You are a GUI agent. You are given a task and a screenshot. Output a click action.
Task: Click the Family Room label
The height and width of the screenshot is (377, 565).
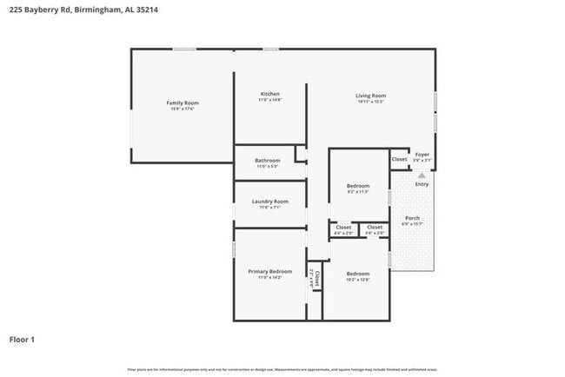tap(183, 103)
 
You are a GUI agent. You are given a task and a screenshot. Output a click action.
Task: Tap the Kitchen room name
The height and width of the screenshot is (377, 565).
tap(269, 94)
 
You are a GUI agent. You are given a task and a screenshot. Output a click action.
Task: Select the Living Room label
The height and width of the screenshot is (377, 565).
tap(370, 96)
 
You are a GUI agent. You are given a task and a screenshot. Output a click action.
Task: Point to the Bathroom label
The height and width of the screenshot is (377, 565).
tap(267, 160)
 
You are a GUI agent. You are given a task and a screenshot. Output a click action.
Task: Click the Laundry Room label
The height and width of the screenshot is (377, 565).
tap(269, 202)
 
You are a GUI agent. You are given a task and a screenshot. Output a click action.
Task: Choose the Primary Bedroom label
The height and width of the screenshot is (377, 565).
tap(269, 272)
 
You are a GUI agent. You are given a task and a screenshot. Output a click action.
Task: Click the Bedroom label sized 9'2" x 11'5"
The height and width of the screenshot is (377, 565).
tap(358, 186)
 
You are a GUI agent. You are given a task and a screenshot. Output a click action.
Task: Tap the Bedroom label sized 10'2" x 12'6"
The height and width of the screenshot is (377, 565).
tap(358, 274)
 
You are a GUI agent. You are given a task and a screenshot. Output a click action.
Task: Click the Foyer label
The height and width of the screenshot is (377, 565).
tap(422, 155)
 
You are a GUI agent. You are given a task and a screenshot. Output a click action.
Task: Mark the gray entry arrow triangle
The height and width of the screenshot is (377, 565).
tap(422, 175)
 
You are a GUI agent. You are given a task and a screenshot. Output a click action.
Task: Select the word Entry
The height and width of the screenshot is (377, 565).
tap(422, 184)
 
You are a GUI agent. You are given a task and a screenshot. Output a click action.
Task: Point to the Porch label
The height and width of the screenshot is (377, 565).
tap(412, 218)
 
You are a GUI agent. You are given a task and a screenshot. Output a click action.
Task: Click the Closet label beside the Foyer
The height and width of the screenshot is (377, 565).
tap(399, 159)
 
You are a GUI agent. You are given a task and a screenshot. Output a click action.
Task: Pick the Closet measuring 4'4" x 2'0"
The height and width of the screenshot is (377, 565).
tap(344, 228)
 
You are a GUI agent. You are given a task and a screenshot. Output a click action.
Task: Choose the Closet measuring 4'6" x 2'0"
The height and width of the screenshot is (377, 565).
tap(375, 228)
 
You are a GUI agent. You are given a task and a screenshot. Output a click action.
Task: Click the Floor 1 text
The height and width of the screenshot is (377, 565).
tap(22, 339)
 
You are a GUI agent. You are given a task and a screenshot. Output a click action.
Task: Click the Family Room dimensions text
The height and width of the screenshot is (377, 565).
tap(183, 109)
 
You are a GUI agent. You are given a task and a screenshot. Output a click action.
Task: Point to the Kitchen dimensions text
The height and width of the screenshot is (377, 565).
tap(269, 100)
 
